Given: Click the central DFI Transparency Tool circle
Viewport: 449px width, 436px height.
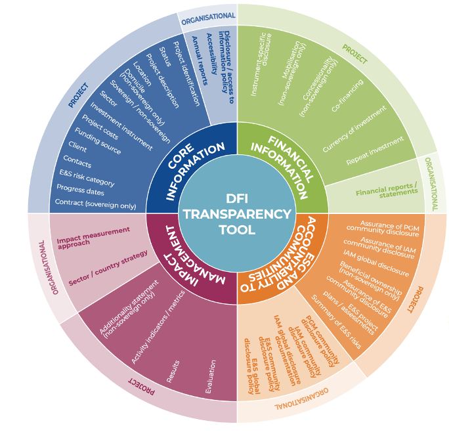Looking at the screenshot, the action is click(237, 214).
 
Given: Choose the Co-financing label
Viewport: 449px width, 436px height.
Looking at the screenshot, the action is click(347, 96).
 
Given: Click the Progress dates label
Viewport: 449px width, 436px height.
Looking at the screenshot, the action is click(83, 191).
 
